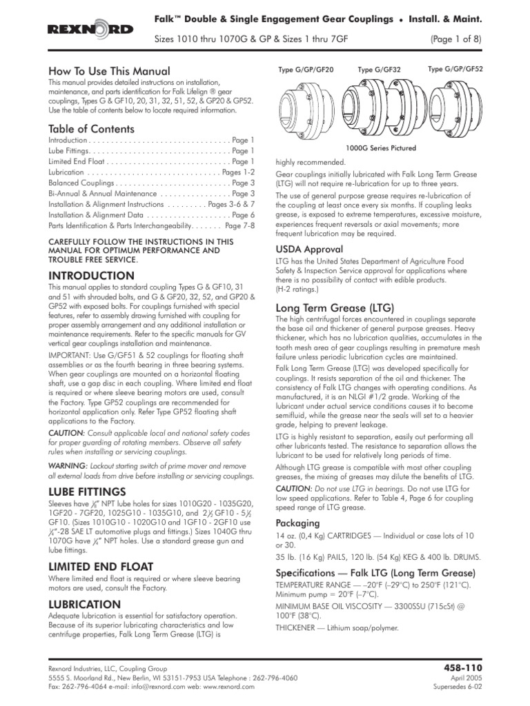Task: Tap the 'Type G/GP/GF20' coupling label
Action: pyautogui.click(x=306, y=70)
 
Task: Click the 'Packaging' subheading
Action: pyautogui.click(x=298, y=523)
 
